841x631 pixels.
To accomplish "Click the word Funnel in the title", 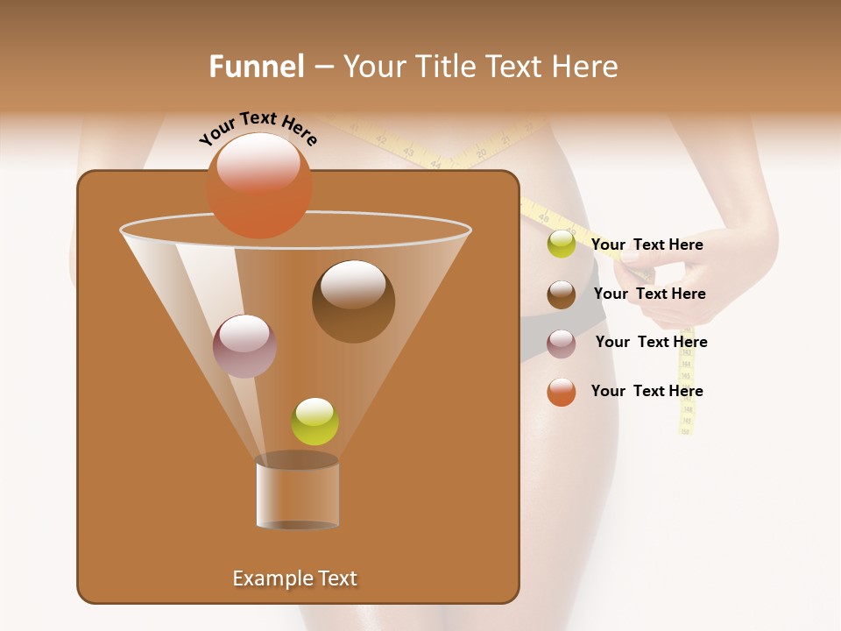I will pyautogui.click(x=256, y=67).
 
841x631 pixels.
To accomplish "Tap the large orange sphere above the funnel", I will pyautogui.click(x=258, y=185).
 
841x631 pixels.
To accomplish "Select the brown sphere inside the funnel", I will pyautogui.click(x=353, y=301).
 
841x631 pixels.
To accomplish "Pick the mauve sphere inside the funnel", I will pyautogui.click(x=244, y=345).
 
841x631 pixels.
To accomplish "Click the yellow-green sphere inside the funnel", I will pyautogui.click(x=314, y=422).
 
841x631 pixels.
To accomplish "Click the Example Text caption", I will pyautogui.click(x=294, y=578).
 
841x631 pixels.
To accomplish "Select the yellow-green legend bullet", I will pyautogui.click(x=561, y=245).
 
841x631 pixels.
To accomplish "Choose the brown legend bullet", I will pyautogui.click(x=561, y=294).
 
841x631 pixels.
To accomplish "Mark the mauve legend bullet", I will pyautogui.click(x=561, y=344).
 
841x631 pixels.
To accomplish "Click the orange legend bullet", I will pyautogui.click(x=561, y=392).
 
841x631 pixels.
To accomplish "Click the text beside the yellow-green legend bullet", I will pyautogui.click(x=647, y=245).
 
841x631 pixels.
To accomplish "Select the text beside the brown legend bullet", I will pyautogui.click(x=649, y=294).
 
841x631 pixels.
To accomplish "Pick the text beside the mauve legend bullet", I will pyautogui.click(x=651, y=342).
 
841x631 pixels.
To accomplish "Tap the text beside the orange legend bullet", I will pyautogui.click(x=647, y=391).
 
